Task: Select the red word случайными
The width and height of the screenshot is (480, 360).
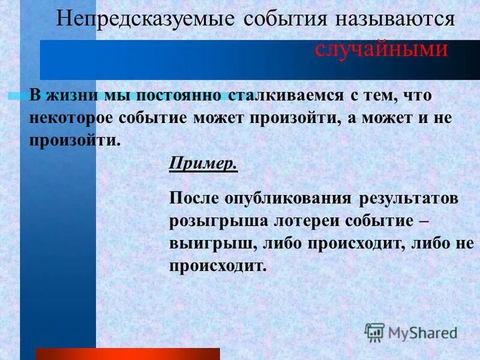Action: [x=382, y=49]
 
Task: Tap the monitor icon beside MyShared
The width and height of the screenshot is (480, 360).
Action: [x=375, y=332]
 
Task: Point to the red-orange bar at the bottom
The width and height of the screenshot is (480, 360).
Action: [x=128, y=353]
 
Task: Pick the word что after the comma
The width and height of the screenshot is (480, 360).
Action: [x=418, y=96]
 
